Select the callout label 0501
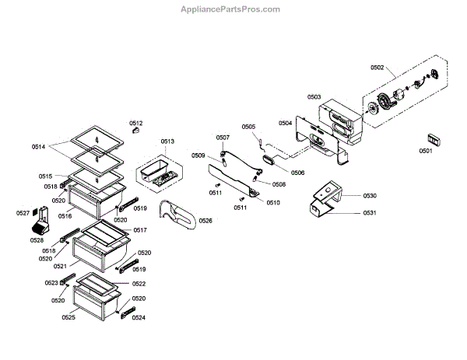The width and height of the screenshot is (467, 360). [427, 151]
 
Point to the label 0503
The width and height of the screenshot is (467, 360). [314, 97]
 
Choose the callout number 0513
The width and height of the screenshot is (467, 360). [168, 142]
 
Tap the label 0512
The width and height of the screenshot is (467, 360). [136, 123]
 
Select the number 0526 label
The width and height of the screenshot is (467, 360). [205, 222]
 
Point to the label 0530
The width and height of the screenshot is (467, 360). [370, 197]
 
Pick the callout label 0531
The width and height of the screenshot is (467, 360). [370, 213]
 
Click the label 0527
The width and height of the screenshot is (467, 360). [23, 213]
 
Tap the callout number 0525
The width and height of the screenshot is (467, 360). [68, 317]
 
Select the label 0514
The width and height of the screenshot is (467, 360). [39, 146]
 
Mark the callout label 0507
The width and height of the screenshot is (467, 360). [223, 138]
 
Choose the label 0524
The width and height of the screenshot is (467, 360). [139, 317]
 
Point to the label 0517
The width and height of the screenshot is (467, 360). [140, 230]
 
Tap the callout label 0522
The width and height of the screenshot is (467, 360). [139, 284]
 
